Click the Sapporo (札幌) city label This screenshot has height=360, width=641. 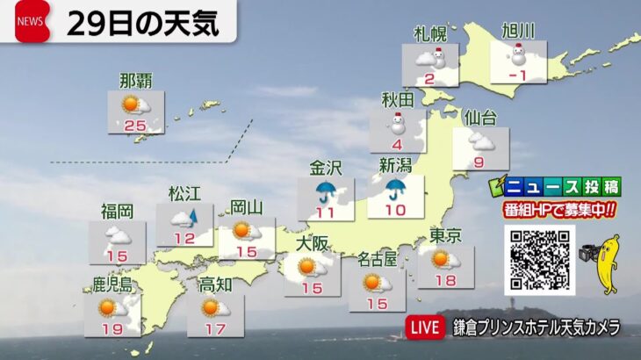point(429,33)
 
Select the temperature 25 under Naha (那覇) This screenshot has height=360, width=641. point(134,125)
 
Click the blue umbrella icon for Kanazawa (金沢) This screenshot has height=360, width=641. point(326,192)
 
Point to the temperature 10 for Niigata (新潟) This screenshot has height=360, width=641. point(395,210)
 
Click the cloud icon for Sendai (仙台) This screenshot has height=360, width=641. point(481,140)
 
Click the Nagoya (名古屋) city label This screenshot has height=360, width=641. point(377,258)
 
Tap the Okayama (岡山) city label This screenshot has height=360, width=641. point(246,208)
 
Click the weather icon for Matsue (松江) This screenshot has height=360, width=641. point(184,218)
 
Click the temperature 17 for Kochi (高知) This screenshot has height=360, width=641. point(214,328)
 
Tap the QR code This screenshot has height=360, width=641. point(539,260)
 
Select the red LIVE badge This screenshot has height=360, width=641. point(425,328)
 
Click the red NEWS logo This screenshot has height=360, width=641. point(32,22)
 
